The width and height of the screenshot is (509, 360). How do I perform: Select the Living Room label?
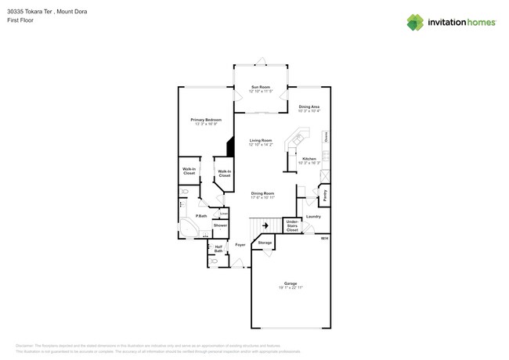(260, 141)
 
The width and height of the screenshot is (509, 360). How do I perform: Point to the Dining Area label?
(309, 106)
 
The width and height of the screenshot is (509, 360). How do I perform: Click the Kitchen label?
(309, 159)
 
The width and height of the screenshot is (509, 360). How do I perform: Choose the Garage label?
(291, 283)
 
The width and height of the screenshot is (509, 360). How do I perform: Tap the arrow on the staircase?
(265, 226)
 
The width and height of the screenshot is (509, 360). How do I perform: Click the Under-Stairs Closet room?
(292, 226)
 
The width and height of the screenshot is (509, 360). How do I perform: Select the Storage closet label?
(265, 243)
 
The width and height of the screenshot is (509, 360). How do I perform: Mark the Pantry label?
(324, 190)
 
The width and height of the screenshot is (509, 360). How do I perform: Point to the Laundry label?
(313, 216)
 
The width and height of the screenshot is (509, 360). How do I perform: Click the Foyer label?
(240, 245)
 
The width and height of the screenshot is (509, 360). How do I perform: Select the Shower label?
(220, 225)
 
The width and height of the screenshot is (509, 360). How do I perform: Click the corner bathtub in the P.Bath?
(190, 228)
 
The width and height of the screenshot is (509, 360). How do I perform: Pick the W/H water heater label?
(324, 238)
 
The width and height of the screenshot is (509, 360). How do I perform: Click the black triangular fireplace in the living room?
(230, 147)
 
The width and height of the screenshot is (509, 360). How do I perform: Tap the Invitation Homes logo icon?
(416, 22)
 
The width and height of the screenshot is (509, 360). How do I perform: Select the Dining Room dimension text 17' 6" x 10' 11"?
(262, 197)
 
